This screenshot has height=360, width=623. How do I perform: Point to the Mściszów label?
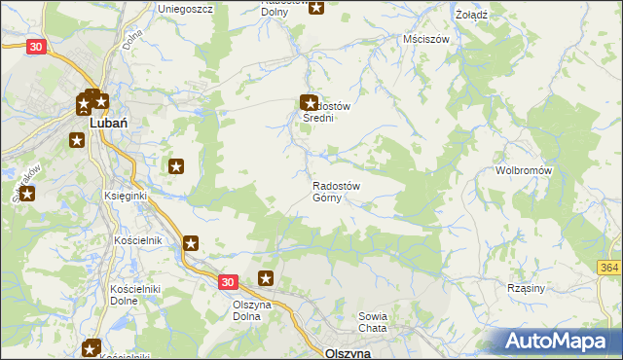pos(424,40)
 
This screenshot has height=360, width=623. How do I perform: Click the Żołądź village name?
pos(470,15)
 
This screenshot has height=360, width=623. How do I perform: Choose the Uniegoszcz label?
pos(185,8)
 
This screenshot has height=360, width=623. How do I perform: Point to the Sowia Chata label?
pos(373,322)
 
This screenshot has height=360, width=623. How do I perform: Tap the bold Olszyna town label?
pos(348,353)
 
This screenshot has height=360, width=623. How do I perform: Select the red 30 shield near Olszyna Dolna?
pos(227,281)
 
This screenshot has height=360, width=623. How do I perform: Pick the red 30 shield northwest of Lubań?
pos(36,46)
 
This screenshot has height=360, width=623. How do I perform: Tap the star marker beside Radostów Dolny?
pos(316,6)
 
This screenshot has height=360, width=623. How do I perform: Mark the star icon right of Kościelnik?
pos(191,244)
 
